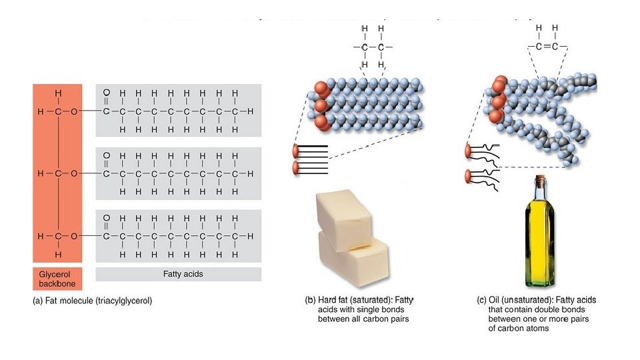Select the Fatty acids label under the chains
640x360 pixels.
[x=178, y=273]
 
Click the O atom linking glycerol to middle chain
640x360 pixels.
[x=74, y=173]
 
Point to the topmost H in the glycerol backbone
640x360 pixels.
[x=58, y=93]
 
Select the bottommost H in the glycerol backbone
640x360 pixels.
[x=58, y=255]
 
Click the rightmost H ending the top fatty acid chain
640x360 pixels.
[x=250, y=111]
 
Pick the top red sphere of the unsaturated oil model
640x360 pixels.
[x=499, y=85]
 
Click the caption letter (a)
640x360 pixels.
[x=38, y=301]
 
